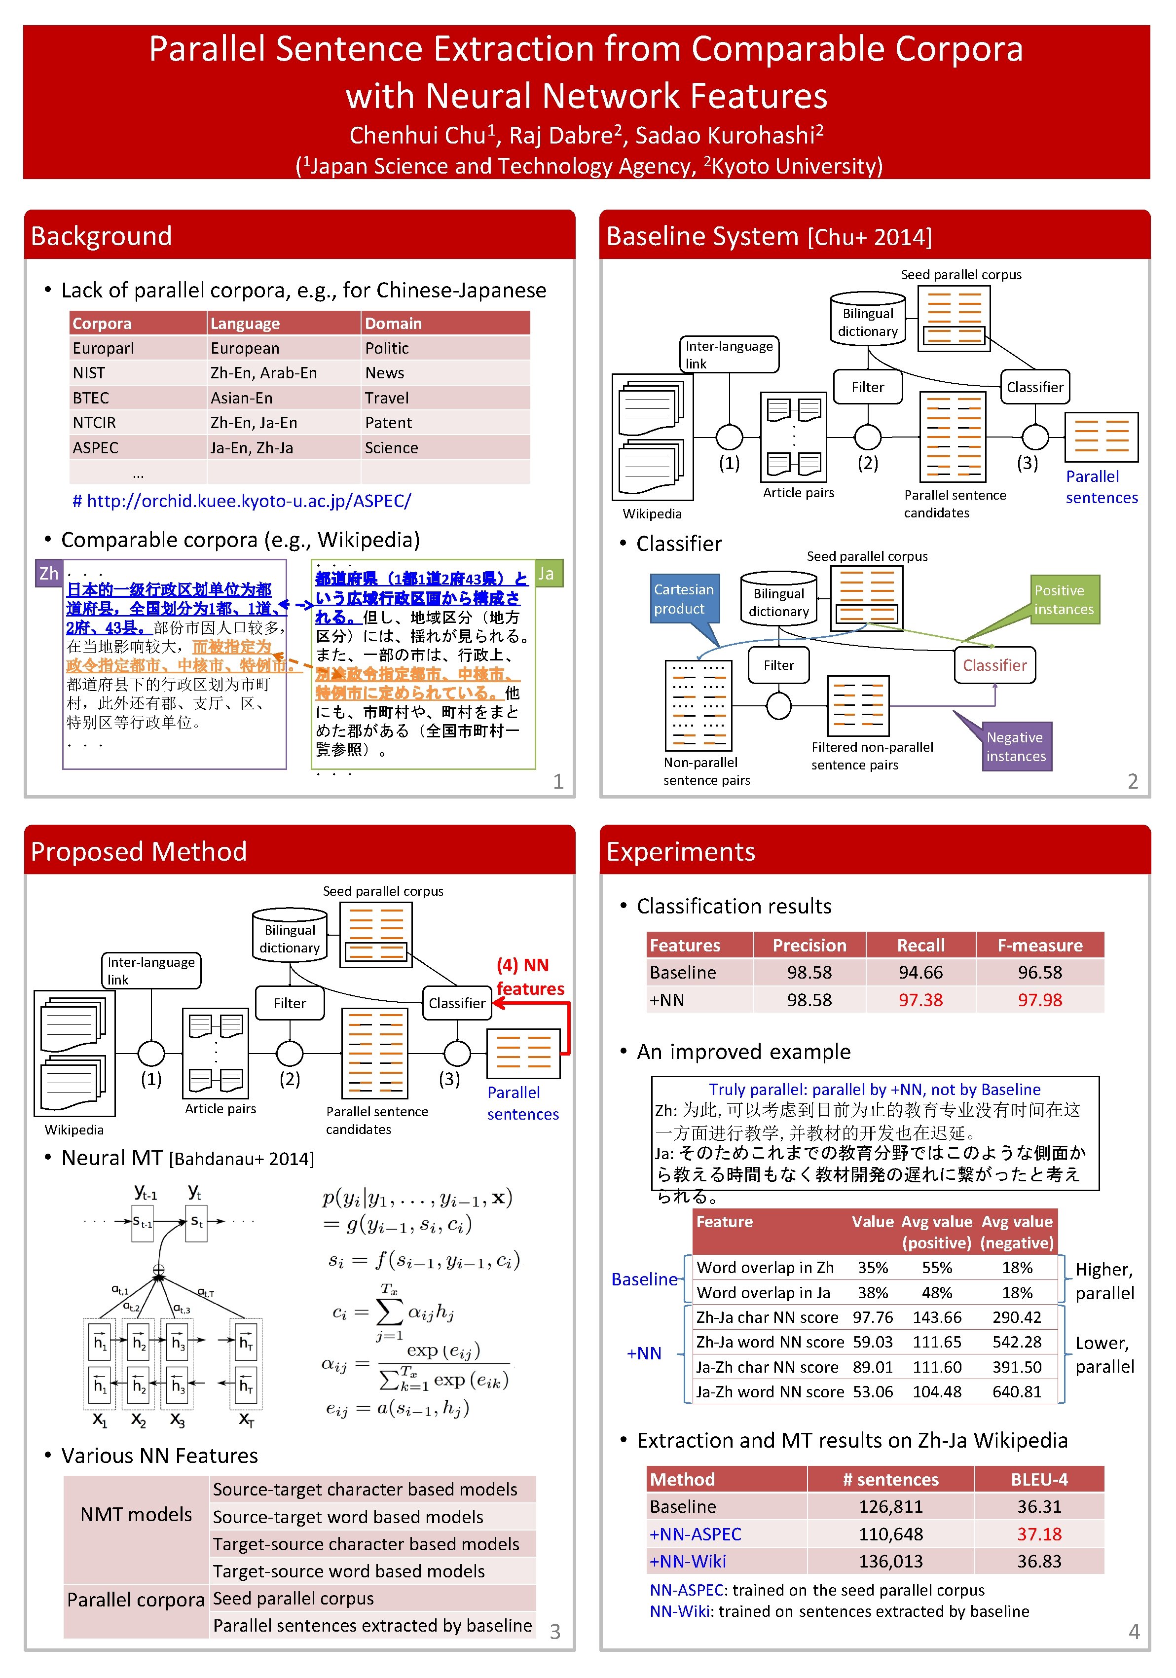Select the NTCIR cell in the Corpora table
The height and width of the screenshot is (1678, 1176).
[94, 422]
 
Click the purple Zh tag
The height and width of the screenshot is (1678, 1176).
[49, 574]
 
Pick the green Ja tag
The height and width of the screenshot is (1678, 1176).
[546, 574]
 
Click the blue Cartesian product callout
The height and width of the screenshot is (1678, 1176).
[684, 599]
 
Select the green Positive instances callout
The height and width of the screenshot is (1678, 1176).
[1064, 600]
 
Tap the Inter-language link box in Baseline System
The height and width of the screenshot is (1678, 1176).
[729, 355]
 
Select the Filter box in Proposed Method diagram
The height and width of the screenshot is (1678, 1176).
[290, 1003]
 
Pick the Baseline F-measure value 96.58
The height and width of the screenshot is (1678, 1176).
[1039, 973]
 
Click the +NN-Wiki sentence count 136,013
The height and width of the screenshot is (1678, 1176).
[890, 1561]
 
